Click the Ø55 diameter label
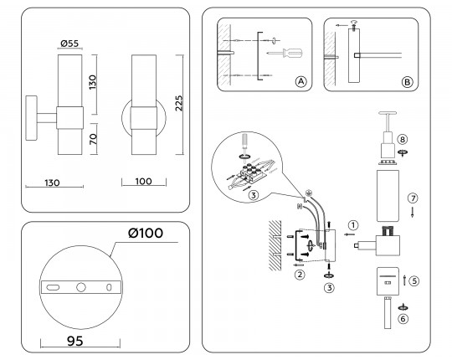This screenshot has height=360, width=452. [69, 42]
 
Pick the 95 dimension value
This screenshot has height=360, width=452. [76, 342]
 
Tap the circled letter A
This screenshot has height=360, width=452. [300, 82]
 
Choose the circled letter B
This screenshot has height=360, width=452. [407, 82]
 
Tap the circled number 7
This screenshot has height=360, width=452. [411, 198]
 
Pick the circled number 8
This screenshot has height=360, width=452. [402, 139]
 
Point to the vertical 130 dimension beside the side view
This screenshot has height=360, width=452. [94, 81]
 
